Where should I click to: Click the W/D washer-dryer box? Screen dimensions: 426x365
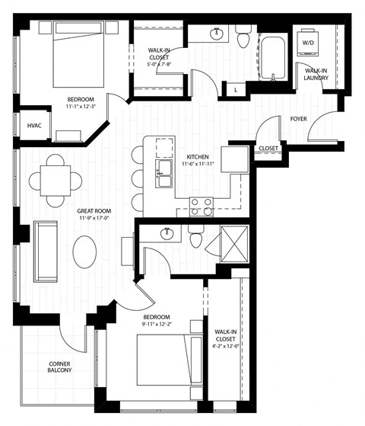pos(309,43)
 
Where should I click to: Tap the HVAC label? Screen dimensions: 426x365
pos(35,126)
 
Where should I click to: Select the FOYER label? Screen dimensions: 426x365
pos(298,119)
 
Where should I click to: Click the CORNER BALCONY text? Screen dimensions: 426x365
pos(60,368)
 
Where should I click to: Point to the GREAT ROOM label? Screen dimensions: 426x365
pos(95,211)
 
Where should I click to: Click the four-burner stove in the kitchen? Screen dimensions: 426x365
pos(200,207)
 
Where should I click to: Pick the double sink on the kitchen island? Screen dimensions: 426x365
pos(163,174)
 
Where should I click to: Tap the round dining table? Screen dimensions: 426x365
pos(56,181)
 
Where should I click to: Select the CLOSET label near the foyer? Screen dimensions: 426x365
pos(268,148)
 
